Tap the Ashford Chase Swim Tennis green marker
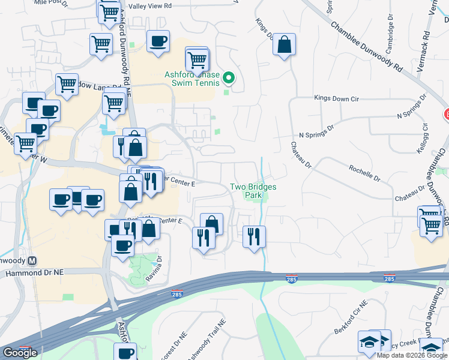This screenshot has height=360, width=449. point(228,79)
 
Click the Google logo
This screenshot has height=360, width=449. point(20,353)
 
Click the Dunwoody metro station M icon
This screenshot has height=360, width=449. point(32,261)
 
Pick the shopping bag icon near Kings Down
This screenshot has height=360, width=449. point(284,45)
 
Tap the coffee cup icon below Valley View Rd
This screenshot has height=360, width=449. point(158,41)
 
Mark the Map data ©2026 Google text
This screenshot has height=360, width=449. point(412,355)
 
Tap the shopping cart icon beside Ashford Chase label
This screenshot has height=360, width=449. point(197,60)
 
